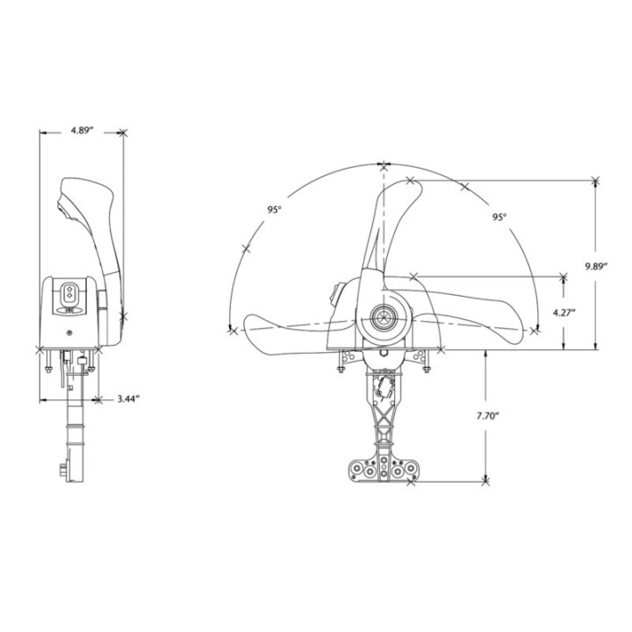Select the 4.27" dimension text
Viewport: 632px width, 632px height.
pos(576,312)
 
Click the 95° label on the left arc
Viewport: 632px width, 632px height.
pos(275,210)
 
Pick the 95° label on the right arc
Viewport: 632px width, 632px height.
pos(499,217)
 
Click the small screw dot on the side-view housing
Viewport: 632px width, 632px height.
pos(70,333)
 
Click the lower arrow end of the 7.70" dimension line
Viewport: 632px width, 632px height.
pos(485,481)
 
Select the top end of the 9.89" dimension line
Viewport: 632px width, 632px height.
pos(596,180)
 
